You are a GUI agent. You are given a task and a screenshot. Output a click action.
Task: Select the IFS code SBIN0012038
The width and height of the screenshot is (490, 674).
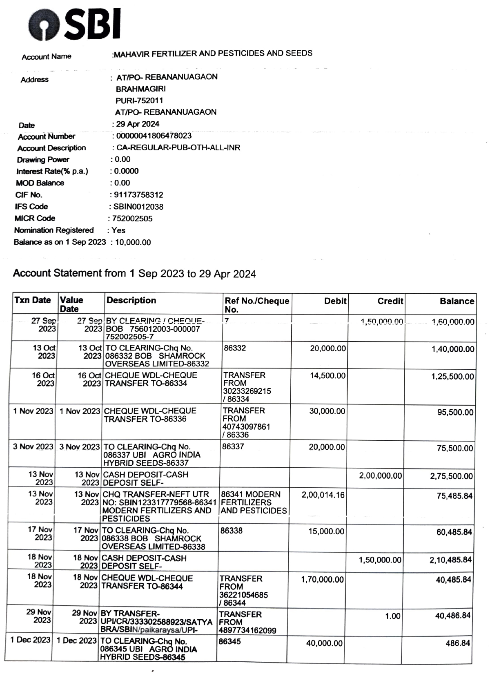click(138, 207)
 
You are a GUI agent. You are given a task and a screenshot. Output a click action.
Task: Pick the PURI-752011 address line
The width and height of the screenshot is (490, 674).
click(139, 100)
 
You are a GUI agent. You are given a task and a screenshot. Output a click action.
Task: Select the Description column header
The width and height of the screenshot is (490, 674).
click(131, 300)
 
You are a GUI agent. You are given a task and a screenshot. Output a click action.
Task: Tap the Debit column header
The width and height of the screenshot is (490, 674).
click(335, 301)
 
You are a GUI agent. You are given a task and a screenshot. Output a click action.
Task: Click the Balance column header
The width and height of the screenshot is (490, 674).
click(457, 301)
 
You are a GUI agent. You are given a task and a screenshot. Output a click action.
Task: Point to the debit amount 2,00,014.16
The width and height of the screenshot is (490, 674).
click(323, 495)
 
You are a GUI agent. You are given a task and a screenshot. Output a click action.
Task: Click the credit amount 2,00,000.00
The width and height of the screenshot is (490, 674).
click(380, 475)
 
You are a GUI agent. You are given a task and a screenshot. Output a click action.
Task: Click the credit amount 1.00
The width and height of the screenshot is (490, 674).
click(393, 616)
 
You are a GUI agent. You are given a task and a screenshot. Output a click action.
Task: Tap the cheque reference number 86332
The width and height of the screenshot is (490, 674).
click(235, 348)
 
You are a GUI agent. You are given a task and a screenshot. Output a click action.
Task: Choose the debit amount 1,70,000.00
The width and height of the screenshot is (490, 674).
click(322, 579)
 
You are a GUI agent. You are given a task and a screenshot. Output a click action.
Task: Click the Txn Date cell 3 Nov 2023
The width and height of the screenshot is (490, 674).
click(33, 446)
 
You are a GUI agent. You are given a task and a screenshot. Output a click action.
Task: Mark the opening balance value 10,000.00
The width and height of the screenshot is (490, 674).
click(133, 242)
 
